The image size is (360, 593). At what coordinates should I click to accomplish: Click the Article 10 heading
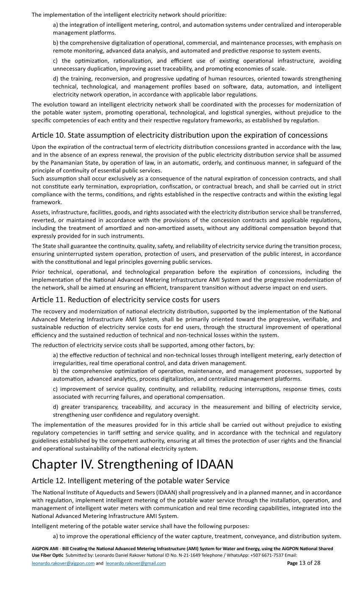coord(180,135)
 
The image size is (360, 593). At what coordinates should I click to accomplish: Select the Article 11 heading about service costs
coord(126,299)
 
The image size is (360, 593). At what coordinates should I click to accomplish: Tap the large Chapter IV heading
coord(132,464)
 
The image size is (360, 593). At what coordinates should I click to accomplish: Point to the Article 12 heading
coord(130,481)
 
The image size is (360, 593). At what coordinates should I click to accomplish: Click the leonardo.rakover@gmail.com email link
coord(136,563)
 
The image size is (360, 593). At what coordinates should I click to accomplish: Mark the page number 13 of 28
coord(304,563)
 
